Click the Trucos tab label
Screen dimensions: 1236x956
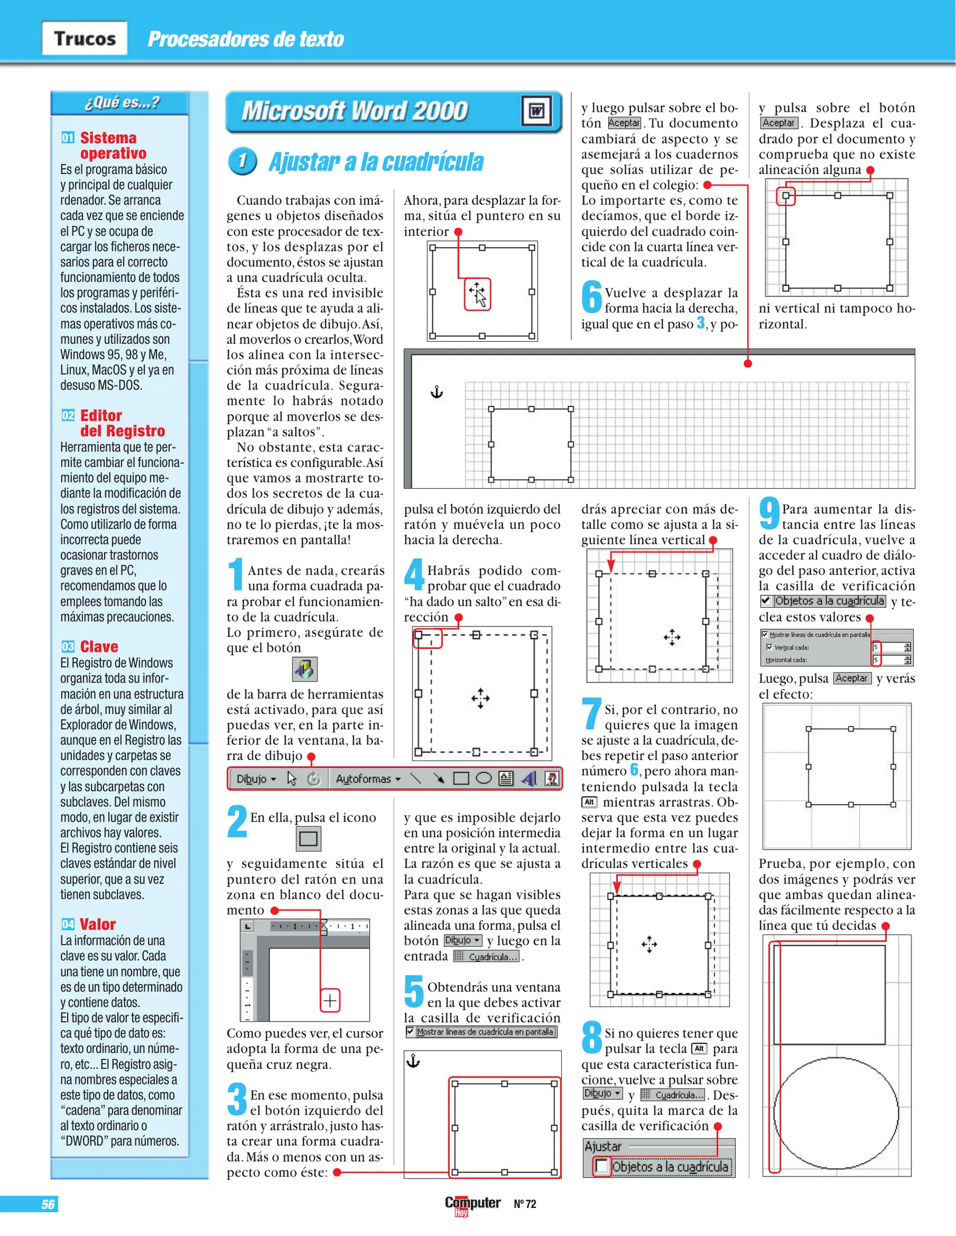point(85,38)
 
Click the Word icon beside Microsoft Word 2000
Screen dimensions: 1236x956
point(536,110)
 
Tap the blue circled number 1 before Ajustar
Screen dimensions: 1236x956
point(242,161)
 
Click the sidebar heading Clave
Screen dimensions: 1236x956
point(98,647)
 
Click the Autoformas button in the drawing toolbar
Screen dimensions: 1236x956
point(367,779)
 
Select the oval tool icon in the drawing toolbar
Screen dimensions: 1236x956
point(484,778)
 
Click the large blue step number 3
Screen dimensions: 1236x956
point(237,1099)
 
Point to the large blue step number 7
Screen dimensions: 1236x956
point(592,713)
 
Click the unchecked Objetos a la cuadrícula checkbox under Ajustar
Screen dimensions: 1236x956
point(601,1166)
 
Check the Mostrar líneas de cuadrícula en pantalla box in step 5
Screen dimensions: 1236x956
point(410,1031)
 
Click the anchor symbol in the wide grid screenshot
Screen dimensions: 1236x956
point(437,392)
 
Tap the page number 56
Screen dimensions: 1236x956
point(48,1204)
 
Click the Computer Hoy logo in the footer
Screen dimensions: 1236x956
point(472,1204)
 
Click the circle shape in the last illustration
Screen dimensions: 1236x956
point(836,1113)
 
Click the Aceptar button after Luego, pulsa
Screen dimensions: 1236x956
point(851,678)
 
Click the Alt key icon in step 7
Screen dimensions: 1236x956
point(589,802)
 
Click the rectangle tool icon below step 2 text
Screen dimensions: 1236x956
point(308,839)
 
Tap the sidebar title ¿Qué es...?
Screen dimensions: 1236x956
point(122,103)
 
